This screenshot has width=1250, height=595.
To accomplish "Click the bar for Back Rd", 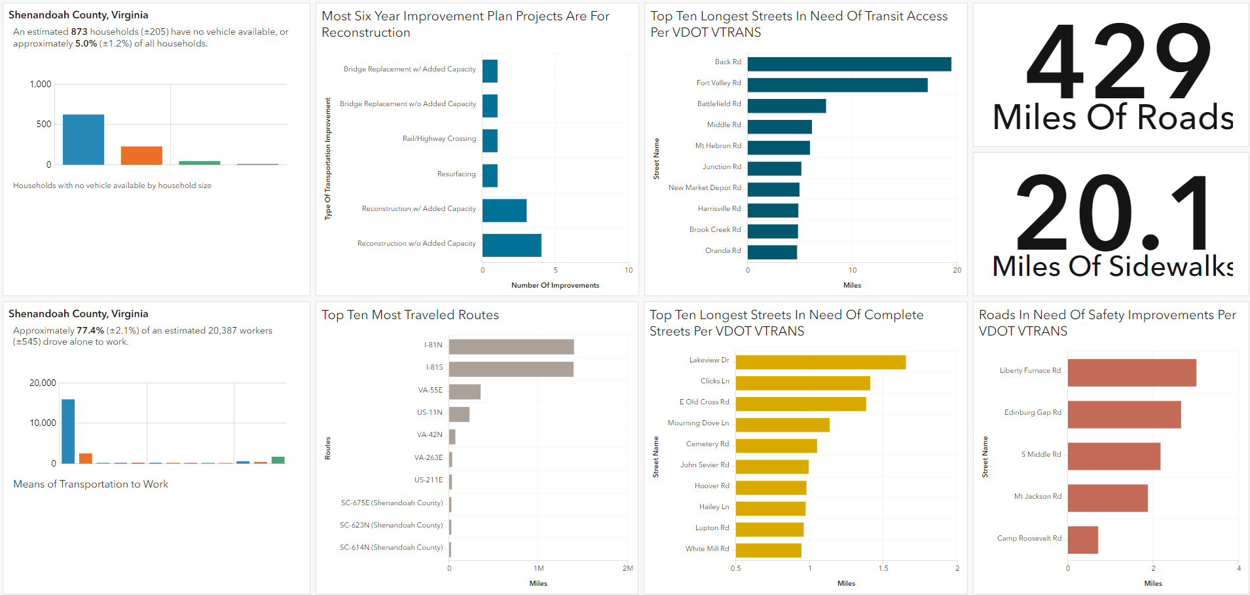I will tap(849, 64).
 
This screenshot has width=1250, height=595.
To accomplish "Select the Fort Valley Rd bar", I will tap(837, 85).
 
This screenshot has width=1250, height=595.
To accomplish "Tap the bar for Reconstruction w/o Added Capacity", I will tap(511, 245).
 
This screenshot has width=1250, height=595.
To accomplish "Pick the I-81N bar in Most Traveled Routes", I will tap(511, 347).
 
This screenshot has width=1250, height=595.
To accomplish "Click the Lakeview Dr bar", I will tap(820, 362).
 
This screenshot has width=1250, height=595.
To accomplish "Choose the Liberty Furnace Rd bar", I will tap(1131, 373).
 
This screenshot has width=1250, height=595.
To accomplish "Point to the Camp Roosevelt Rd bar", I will tap(1082, 540).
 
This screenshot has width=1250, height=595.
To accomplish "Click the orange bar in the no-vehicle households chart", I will tap(141, 155).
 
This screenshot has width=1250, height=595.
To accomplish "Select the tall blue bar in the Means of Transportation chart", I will tap(68, 431).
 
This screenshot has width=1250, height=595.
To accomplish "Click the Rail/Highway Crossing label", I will tap(439, 139).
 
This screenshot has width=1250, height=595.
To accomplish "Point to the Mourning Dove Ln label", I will tap(698, 423).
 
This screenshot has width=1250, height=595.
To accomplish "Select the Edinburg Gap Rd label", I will tap(1033, 413).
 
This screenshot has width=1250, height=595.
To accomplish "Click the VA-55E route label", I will tap(430, 391).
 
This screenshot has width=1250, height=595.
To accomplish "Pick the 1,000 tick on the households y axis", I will tap(41, 85).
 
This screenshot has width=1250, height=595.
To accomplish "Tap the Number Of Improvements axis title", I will tap(555, 286).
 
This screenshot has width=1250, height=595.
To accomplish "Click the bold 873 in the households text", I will tap(79, 31).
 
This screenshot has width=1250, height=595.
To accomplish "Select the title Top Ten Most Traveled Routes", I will tap(410, 315).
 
